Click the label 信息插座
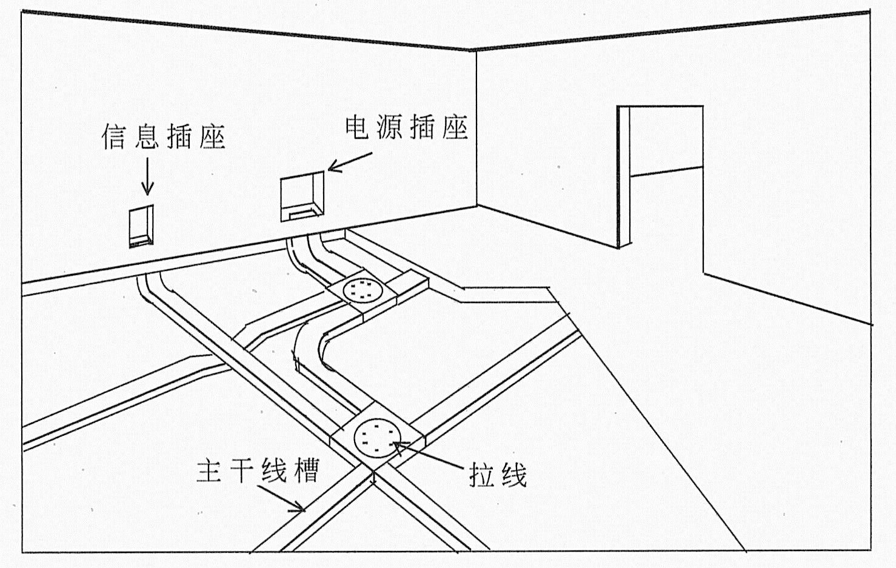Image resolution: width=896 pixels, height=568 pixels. (x=163, y=136)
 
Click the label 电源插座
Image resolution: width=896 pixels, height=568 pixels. (x=407, y=127)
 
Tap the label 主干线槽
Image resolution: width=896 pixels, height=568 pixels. (x=258, y=470)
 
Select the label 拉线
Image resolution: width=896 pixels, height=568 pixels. (x=498, y=475)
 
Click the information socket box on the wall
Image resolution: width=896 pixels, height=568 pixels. (x=141, y=226)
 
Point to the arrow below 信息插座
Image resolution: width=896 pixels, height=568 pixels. (x=147, y=176)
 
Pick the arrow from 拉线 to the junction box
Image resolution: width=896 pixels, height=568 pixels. (x=428, y=456)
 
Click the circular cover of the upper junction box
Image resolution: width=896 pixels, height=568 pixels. (x=362, y=290)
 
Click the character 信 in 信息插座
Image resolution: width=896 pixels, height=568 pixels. (x=114, y=136)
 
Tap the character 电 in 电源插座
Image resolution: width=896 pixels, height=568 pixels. (x=357, y=127)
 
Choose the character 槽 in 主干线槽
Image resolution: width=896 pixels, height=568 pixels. (x=306, y=470)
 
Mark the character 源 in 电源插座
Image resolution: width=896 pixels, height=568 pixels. (x=390, y=127)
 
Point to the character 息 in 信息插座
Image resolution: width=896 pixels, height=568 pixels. (x=147, y=136)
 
